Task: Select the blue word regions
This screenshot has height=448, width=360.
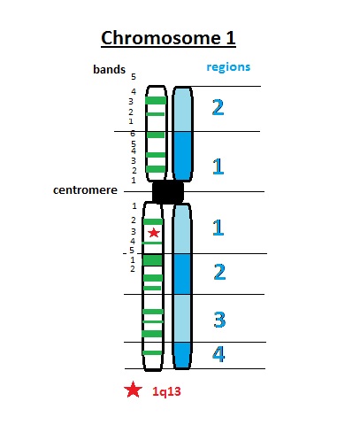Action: point(228,66)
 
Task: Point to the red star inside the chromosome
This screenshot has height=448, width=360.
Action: point(154,232)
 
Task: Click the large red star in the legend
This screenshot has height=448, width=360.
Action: point(133,390)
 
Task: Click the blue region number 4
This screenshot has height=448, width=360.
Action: point(218,355)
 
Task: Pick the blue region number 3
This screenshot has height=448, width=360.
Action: point(218,318)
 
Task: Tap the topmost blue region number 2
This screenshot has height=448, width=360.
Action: point(218,108)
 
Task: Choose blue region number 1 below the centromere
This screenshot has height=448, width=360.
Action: point(218,228)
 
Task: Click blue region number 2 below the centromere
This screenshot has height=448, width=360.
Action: point(219,272)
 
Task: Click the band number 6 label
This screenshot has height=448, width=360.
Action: point(133,133)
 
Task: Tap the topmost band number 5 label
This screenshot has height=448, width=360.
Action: point(133,77)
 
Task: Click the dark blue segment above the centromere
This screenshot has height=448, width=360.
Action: point(182,155)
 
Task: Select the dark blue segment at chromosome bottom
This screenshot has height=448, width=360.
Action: point(182,354)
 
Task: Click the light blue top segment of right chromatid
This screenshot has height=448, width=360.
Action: point(182,109)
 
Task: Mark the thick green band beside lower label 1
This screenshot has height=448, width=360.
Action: point(153,260)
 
